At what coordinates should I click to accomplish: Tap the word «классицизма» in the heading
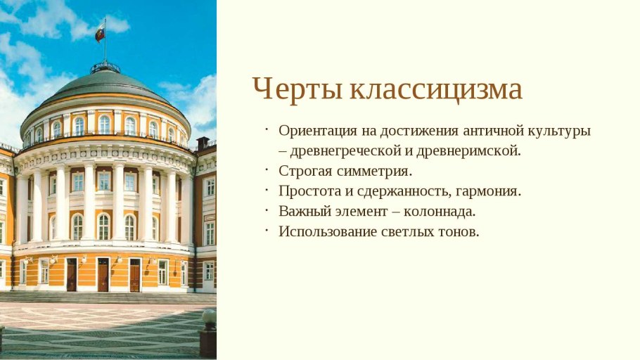coord(436,90)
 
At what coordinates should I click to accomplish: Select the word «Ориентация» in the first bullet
coord(316,131)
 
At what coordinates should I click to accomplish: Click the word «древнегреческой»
coord(343,150)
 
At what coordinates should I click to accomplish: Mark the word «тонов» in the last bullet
coord(459,231)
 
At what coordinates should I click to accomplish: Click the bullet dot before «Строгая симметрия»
coord(267,169)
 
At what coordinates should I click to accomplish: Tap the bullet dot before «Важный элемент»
coord(267,210)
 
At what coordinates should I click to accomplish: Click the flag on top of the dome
coord(100,32)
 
